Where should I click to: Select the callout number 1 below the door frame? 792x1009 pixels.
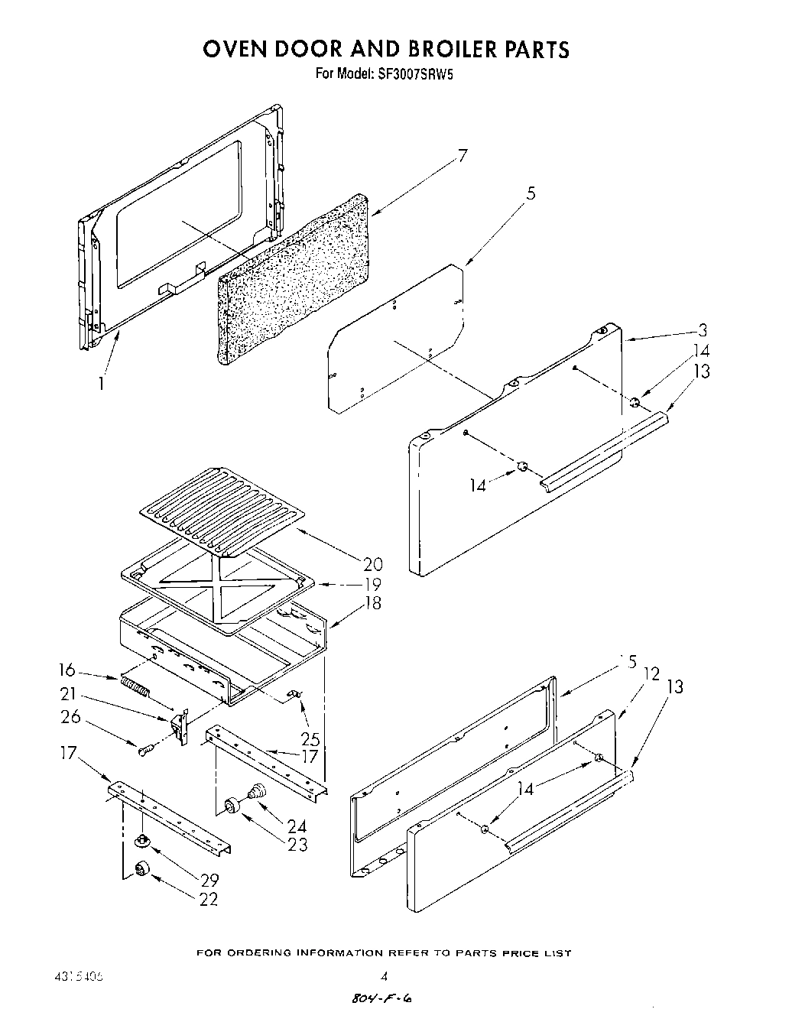click(100, 384)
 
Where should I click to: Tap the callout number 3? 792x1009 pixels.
click(702, 331)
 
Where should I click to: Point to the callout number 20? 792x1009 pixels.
click(372, 564)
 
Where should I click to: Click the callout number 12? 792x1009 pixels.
click(651, 674)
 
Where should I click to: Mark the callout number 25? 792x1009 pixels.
click(310, 739)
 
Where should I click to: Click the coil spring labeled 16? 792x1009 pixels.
click(135, 686)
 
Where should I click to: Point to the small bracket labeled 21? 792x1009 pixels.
click(181, 725)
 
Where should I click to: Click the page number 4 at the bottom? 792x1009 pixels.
click(385, 976)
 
